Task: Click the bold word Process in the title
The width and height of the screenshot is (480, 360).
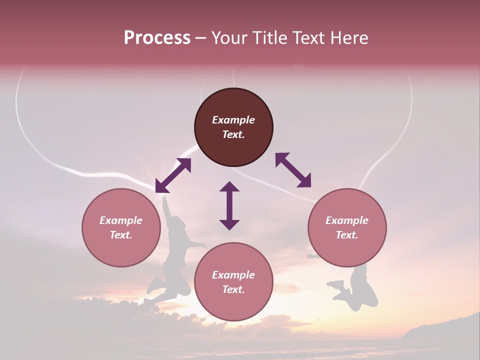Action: pyautogui.click(x=157, y=38)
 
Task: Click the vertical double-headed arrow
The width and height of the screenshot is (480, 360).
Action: pyautogui.click(x=229, y=205)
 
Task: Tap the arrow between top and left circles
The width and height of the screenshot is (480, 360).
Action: pyautogui.click(x=173, y=175)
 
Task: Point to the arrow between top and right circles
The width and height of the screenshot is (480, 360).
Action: pyautogui.click(x=293, y=170)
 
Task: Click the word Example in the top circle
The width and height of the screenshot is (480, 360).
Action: pyautogui.click(x=233, y=120)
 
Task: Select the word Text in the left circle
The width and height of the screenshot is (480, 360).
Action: pyautogui.click(x=120, y=235)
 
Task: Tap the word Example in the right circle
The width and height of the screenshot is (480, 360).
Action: pyautogui.click(x=347, y=220)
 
